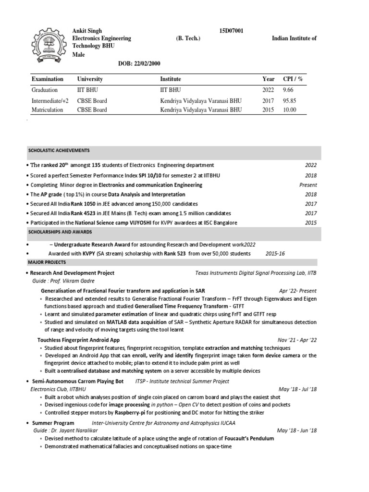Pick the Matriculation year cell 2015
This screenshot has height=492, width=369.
coord(268,110)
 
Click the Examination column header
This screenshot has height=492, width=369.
coord(47,79)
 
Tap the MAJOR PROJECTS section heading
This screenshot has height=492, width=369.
coord(47,262)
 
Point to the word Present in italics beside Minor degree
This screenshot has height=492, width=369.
coord(308,184)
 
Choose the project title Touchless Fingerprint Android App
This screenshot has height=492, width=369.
coord(78,339)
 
